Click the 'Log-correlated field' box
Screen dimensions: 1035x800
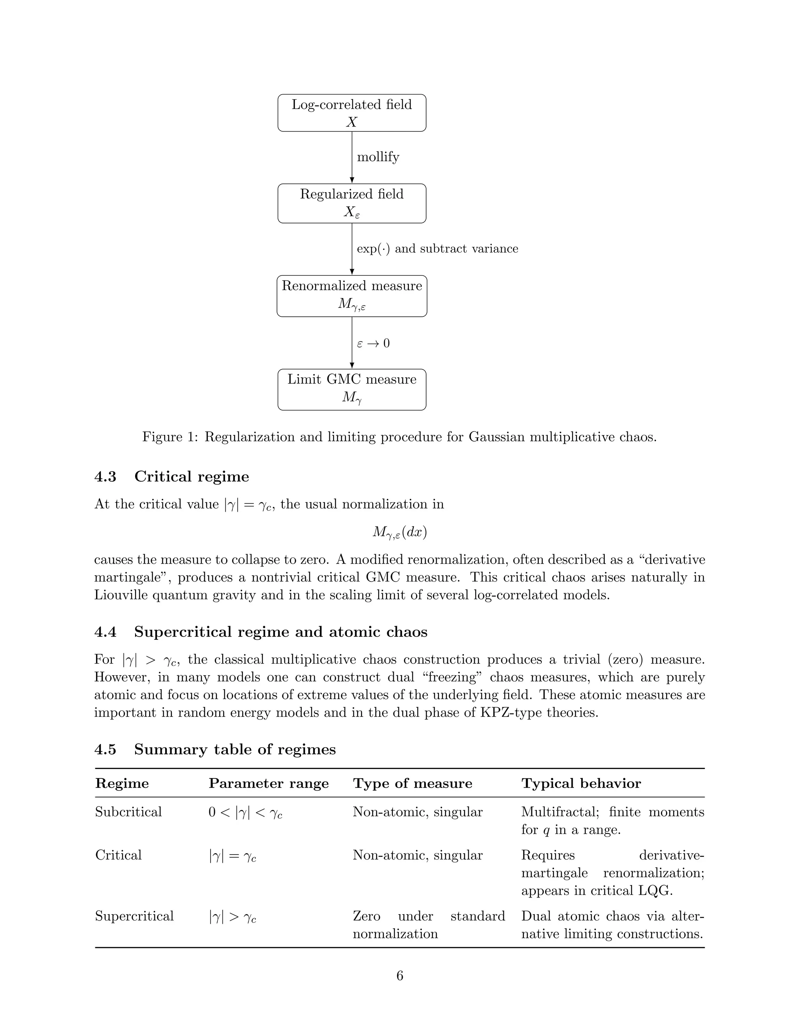352,113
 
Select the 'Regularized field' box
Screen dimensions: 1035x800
352,203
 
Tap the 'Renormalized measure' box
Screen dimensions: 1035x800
352,296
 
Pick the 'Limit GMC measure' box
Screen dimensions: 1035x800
352,389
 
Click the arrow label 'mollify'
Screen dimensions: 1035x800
378,157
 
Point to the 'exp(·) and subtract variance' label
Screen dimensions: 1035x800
437,249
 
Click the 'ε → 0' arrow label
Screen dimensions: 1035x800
373,343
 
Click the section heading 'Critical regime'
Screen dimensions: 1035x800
191,476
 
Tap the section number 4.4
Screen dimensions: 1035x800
105,632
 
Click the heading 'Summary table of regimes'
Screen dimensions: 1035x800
235,749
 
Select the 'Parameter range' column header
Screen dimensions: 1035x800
268,783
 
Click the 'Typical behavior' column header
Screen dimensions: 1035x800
581,783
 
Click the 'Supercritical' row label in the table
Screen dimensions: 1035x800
134,916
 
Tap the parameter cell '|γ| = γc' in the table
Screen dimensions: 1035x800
232,856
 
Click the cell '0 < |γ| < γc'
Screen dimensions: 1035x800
245,813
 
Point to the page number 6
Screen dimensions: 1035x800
400,976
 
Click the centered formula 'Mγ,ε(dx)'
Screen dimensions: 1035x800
400,532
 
